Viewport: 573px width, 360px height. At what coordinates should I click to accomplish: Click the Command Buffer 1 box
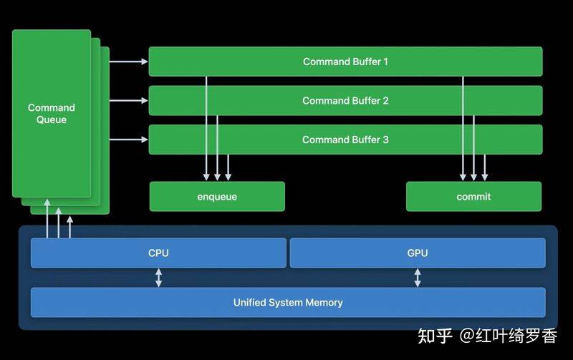click(345, 62)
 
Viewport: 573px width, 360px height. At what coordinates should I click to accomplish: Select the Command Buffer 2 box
click(345, 101)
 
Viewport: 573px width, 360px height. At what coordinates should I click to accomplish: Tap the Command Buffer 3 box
click(345, 140)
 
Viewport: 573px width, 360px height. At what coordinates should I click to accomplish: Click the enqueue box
click(217, 196)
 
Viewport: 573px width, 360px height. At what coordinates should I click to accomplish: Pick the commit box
click(473, 196)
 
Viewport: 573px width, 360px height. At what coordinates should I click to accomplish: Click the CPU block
click(158, 253)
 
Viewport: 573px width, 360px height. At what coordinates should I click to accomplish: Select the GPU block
click(417, 253)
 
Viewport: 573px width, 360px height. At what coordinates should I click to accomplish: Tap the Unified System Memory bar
click(288, 302)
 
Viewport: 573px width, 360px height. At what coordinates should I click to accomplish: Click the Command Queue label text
click(52, 114)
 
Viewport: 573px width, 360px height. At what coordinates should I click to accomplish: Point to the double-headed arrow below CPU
click(158, 278)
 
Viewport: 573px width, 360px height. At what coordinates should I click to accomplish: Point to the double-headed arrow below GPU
click(417, 278)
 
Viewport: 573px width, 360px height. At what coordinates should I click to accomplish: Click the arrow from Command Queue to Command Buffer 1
click(128, 62)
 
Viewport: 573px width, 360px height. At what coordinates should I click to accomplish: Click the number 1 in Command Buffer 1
click(385, 62)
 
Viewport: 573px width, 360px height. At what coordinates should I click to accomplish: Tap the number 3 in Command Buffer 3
click(385, 140)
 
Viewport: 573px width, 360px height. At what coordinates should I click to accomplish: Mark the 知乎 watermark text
click(435, 336)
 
